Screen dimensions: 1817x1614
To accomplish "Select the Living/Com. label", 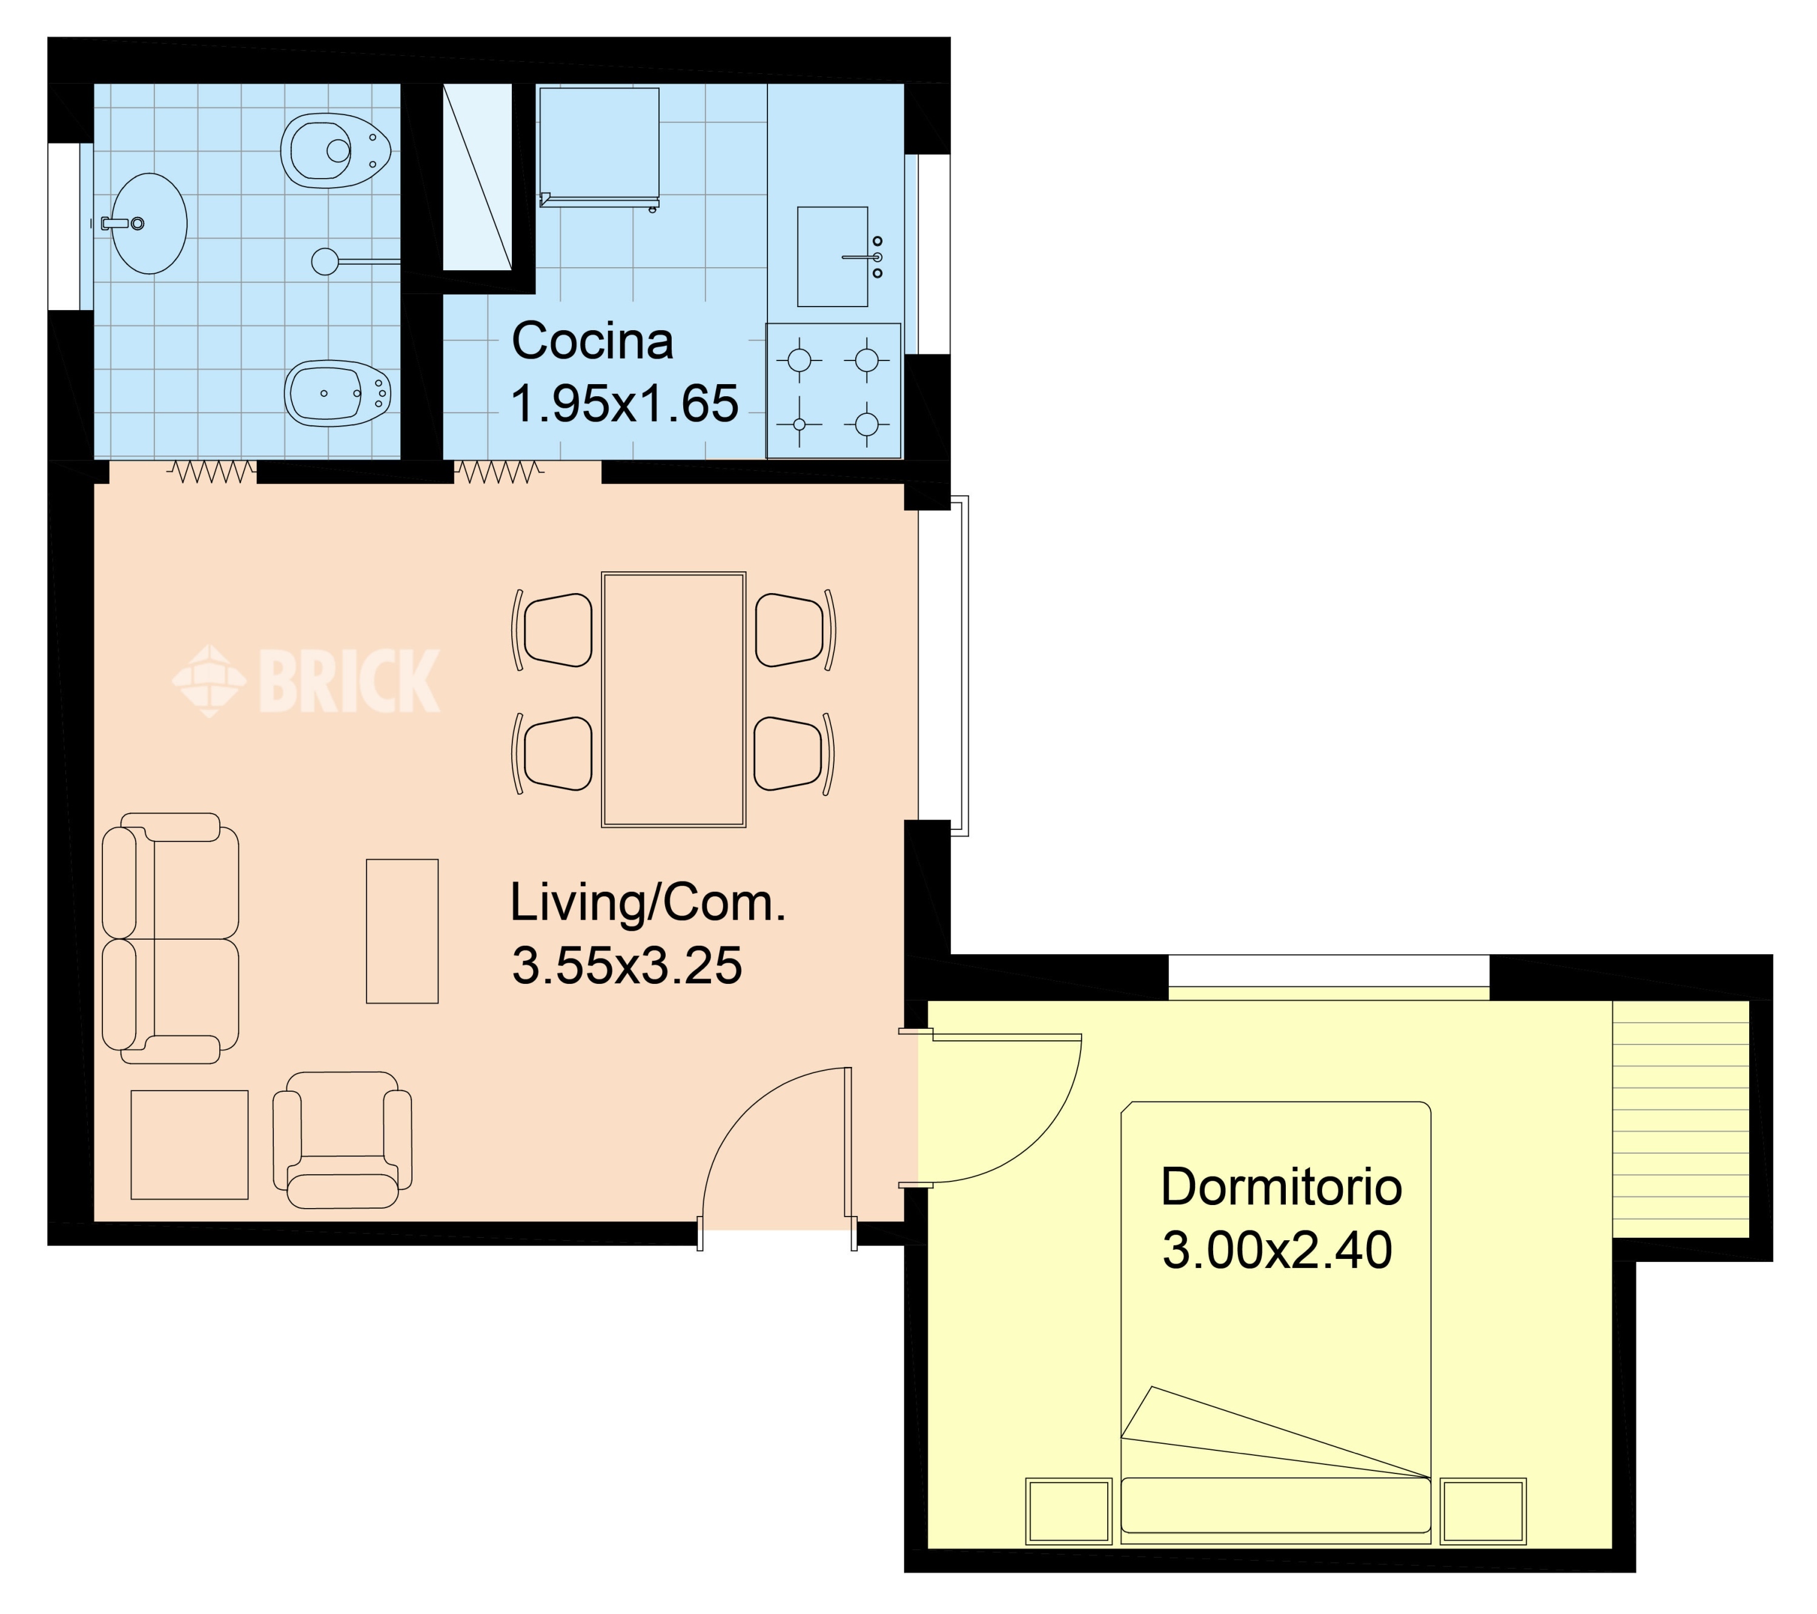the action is (x=648, y=903).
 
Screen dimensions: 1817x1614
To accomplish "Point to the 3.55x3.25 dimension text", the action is (x=627, y=965).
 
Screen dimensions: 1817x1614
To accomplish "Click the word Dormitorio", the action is (x=1281, y=1187).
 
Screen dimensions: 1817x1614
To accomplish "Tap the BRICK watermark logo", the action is (x=306, y=681).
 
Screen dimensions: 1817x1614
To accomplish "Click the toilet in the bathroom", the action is (x=337, y=150).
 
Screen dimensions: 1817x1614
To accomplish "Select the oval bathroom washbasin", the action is (x=148, y=223).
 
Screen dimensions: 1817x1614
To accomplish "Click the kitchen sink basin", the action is (x=832, y=257).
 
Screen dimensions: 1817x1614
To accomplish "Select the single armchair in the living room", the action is (x=342, y=1139).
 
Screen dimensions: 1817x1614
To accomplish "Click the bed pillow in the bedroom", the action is (x=1276, y=1504).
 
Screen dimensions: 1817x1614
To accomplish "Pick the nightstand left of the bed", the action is (x=1068, y=1511).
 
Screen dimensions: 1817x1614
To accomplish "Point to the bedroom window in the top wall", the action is (x=1328, y=977).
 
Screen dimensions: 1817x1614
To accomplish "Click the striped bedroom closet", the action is (x=1680, y=1118).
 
